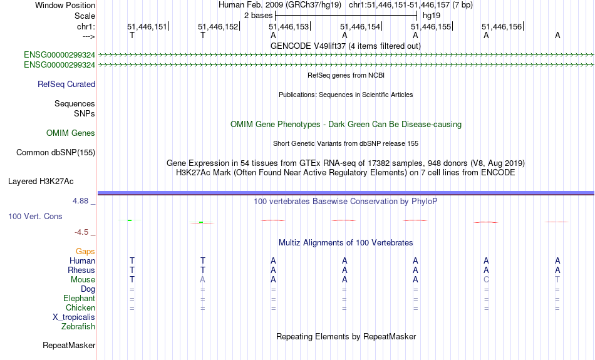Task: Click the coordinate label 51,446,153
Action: [x=289, y=26]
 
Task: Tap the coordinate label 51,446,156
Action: [x=502, y=26]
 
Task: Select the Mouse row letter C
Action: [x=486, y=280]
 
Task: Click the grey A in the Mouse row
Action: [x=203, y=280]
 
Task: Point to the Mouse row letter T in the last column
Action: [x=557, y=280]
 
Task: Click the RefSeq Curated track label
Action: [x=66, y=85]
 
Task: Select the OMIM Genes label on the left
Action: [x=71, y=133]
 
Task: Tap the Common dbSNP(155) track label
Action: [x=56, y=153]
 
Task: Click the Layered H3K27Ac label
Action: [x=41, y=182]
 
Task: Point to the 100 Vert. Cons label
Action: [x=35, y=216]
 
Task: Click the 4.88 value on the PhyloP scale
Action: [x=80, y=201]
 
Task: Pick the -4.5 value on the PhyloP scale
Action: [x=81, y=232]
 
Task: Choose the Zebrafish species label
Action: [x=78, y=327]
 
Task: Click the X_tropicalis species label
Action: [x=74, y=317]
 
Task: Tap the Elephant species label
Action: [x=80, y=299]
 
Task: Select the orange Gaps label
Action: [x=85, y=252]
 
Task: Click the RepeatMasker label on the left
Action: [x=69, y=345]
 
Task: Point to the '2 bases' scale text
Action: [x=259, y=16]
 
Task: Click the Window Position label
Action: [x=65, y=5]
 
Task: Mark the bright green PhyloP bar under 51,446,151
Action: [x=130, y=220]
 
